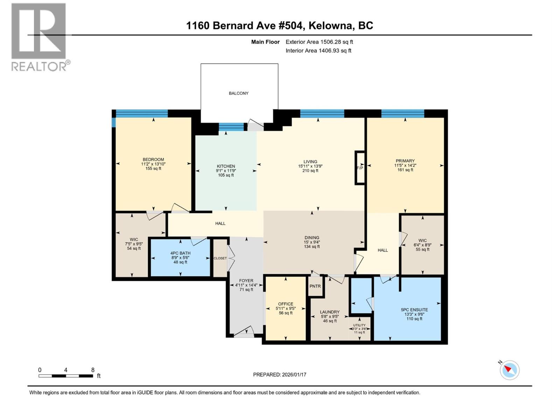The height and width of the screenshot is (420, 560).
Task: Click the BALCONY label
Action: click(x=239, y=93)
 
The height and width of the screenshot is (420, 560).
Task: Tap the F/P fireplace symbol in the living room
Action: click(x=360, y=168)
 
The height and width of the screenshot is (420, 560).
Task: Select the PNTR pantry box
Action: click(x=315, y=286)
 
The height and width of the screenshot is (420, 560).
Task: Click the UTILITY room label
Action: click(x=359, y=325)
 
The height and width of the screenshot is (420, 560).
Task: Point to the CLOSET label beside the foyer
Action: click(x=220, y=258)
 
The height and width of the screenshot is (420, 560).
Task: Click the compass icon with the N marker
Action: click(x=510, y=370)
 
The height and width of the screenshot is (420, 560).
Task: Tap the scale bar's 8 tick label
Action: click(x=93, y=370)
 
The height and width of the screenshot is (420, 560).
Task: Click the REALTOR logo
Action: click(x=39, y=37)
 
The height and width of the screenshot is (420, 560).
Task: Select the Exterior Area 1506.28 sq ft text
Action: click(x=319, y=42)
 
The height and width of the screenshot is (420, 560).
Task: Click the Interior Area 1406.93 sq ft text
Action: click(x=318, y=51)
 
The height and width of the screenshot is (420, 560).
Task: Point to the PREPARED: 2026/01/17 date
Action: click(x=280, y=374)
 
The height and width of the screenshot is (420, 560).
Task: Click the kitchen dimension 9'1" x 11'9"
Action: click(x=226, y=171)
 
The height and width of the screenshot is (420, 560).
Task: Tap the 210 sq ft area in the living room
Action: click(x=310, y=171)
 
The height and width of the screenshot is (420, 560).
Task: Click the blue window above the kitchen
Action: click(x=231, y=127)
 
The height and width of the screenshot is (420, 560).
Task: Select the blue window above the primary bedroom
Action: click(x=402, y=113)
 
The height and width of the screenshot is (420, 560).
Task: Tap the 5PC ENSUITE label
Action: click(x=414, y=310)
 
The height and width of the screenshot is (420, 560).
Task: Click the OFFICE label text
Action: click(x=286, y=304)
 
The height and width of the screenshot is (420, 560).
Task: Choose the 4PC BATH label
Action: click(x=180, y=253)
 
